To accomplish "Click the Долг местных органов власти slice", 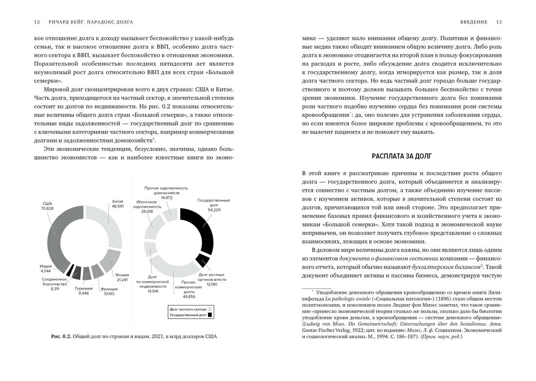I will tap(202, 260).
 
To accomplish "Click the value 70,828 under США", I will tap(47, 208).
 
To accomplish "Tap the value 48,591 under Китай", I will tap(118, 206).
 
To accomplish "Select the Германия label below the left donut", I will tap(83, 288).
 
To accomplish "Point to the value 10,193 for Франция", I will tap(109, 294).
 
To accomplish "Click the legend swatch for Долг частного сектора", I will tap(210, 309).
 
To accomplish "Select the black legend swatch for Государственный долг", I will tap(210, 315).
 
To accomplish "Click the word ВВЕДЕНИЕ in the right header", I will tap(474, 22).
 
